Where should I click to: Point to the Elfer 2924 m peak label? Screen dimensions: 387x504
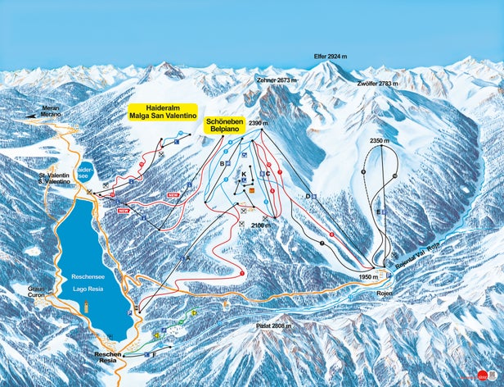(331, 57)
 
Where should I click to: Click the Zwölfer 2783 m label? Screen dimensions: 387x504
(377, 84)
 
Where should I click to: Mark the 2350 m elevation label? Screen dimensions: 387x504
(379, 142)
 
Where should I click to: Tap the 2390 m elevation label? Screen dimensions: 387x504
(259, 124)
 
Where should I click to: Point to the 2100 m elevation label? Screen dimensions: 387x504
(260, 224)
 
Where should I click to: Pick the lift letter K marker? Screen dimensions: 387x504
(243, 175)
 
